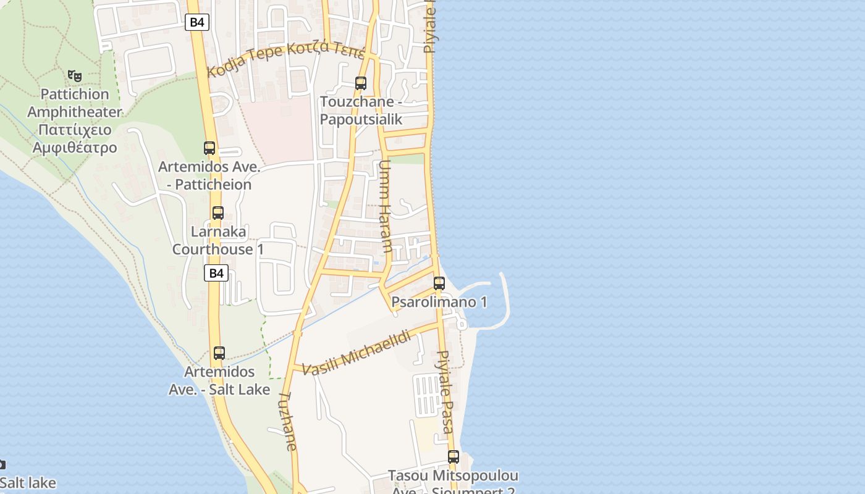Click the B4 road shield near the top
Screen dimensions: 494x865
tap(196, 23)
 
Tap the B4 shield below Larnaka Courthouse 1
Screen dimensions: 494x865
tap(216, 273)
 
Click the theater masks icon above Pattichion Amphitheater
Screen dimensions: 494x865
tap(75, 76)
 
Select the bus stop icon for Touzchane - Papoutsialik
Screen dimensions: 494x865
tap(361, 83)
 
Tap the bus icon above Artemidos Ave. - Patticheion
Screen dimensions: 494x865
tap(209, 148)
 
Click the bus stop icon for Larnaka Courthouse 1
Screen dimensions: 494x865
tap(218, 213)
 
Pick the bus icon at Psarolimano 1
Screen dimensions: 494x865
tap(439, 283)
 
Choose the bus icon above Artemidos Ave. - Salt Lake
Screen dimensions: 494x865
tap(219, 353)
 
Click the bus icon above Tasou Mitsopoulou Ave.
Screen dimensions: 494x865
tap(454, 457)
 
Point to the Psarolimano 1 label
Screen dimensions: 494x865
tap(439, 302)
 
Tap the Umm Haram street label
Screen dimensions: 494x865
tap(386, 207)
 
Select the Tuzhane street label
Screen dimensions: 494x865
tap(289, 421)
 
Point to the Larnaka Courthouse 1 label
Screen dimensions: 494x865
tap(218, 241)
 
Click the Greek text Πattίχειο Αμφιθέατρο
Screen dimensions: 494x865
tap(75, 139)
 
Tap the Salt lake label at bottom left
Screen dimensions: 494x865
tap(28, 483)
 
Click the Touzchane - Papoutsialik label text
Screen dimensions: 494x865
tap(361, 111)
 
